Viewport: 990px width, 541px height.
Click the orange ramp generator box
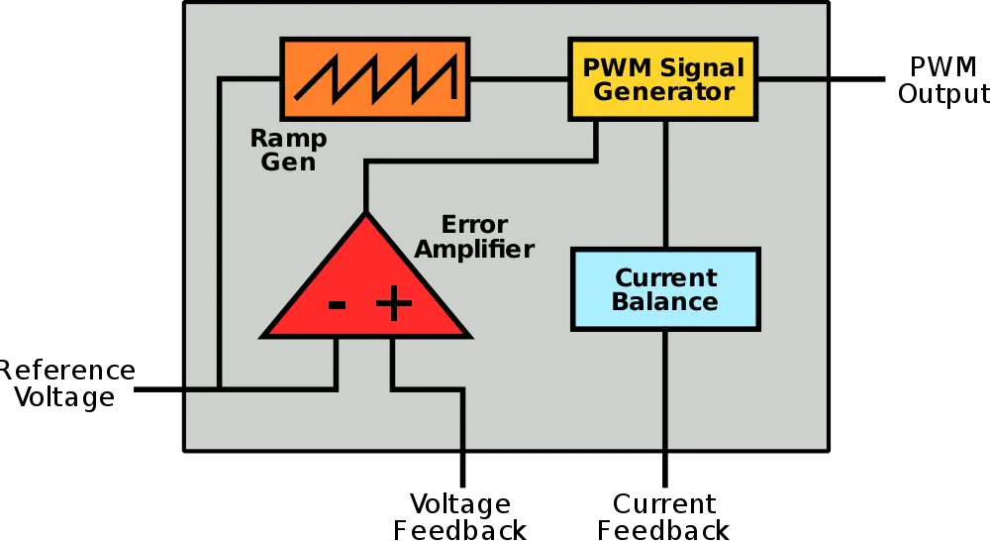[x=375, y=78]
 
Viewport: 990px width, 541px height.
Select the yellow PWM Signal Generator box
[x=662, y=79]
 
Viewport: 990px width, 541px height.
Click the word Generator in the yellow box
[x=663, y=92]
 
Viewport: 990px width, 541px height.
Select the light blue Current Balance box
[x=665, y=289]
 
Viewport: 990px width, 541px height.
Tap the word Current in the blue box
[x=665, y=277]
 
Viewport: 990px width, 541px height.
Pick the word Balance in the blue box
[x=665, y=302]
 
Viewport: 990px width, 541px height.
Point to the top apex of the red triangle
[x=366, y=217]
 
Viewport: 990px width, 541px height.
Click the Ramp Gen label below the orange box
[x=288, y=150]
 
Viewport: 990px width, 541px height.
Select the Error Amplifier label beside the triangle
[x=473, y=237]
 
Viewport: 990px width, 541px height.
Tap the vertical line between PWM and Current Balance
[x=665, y=183]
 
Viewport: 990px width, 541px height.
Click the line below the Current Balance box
[x=665, y=386]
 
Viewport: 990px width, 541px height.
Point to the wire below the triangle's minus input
[x=338, y=362]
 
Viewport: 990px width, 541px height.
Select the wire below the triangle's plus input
[x=393, y=362]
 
